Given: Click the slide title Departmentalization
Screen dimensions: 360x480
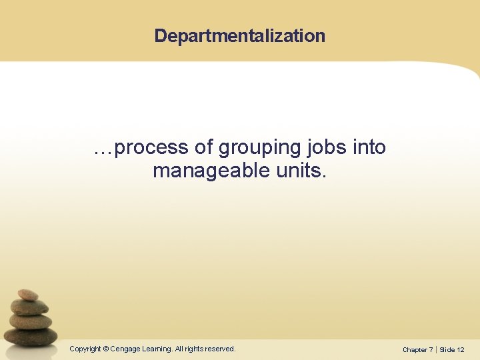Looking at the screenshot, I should coord(240,36).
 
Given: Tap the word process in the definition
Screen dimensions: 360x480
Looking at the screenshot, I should coord(153,147).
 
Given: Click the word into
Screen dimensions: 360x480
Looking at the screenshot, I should coord(369,147).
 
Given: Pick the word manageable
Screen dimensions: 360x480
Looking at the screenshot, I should coord(211,171).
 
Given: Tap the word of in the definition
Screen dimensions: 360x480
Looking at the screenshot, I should coord(205,147).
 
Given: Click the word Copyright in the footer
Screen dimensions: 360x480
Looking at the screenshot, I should coord(85,349).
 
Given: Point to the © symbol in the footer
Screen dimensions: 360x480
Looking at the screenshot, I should coord(106,349).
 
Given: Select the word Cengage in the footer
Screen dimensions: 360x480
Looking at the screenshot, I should coord(125,349).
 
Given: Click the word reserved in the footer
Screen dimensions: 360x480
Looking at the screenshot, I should coord(219,349).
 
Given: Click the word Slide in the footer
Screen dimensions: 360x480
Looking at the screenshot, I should coord(447,349).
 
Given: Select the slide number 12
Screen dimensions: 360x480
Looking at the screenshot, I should coord(461,349).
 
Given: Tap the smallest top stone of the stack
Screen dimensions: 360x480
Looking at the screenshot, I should coord(28,294).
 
